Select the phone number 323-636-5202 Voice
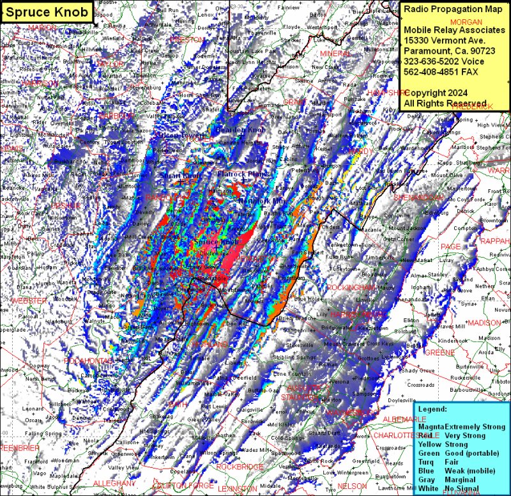(x=439, y=61)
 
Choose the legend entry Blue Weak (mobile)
(x=454, y=471)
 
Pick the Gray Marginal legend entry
(x=446, y=480)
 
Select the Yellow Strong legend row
(x=443, y=444)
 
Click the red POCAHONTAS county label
(x=89, y=361)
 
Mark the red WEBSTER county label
(x=29, y=300)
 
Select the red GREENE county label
(x=439, y=352)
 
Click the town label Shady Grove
(x=418, y=371)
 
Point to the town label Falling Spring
(x=44, y=433)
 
